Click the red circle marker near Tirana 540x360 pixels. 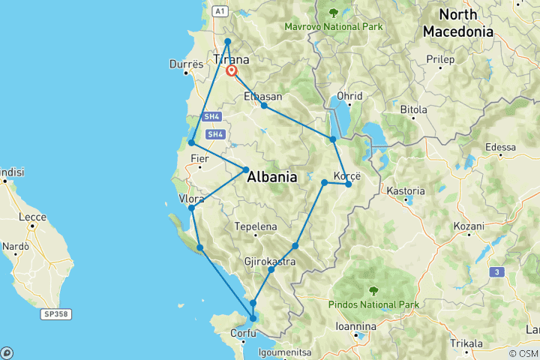click(x=232, y=71)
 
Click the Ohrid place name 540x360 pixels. click(x=349, y=96)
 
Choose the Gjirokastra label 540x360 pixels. click(x=268, y=261)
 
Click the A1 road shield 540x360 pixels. click(x=219, y=11)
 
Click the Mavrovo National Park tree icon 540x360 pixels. click(x=333, y=12)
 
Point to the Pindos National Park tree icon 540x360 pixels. click(x=373, y=290)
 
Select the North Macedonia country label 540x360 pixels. click(x=457, y=23)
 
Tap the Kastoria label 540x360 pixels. click(x=405, y=191)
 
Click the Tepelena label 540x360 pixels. click(x=256, y=226)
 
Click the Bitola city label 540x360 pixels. click(x=412, y=109)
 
